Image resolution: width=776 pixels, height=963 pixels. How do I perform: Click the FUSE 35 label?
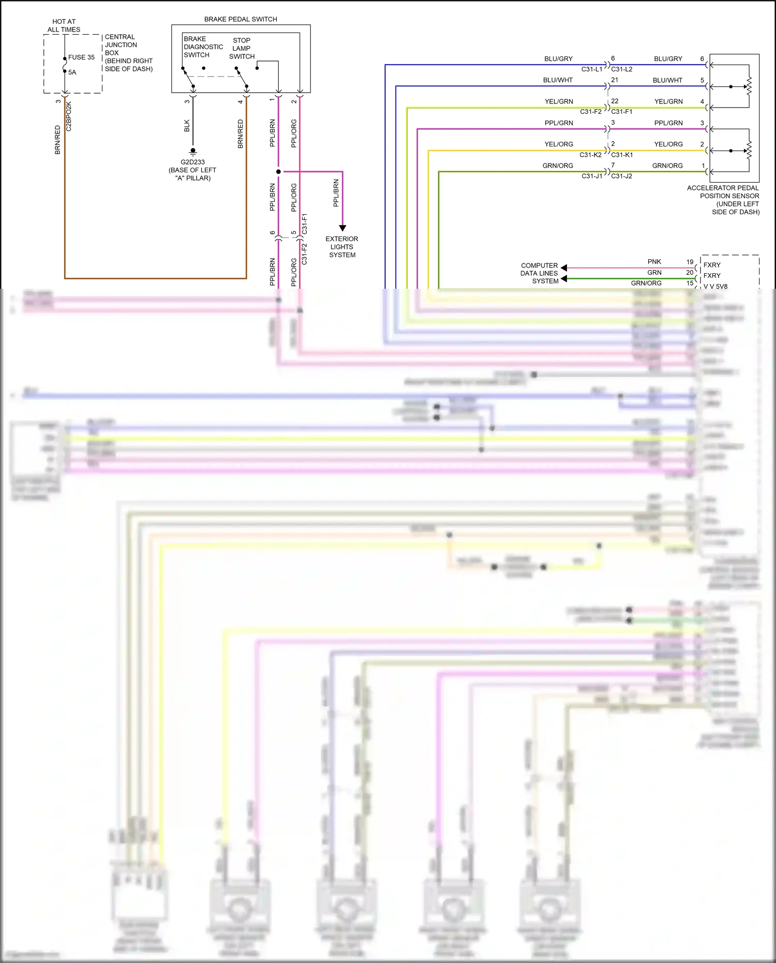point(81,57)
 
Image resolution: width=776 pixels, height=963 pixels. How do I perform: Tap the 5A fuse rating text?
point(72,72)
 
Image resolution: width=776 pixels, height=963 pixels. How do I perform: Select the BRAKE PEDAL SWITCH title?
point(241,19)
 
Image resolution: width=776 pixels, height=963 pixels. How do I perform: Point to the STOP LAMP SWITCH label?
point(242,48)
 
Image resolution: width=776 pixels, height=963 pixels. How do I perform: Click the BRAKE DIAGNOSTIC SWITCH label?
point(203,47)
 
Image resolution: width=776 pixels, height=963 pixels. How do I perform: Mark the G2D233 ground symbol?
point(193,152)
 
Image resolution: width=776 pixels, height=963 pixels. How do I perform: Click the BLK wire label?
point(187,126)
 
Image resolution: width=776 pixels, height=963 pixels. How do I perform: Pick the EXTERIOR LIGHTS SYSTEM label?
point(341,247)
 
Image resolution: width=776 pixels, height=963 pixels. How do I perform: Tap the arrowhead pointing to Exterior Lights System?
point(342,228)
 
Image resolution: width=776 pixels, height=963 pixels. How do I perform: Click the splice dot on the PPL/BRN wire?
point(278,171)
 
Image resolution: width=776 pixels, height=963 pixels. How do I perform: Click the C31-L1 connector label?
point(591,69)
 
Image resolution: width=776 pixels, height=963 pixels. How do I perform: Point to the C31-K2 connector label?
point(590,155)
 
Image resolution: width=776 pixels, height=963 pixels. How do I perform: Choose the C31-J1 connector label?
point(592,176)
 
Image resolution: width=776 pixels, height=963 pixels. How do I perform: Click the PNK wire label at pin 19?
point(654,262)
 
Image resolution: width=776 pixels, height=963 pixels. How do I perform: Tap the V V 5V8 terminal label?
point(715,287)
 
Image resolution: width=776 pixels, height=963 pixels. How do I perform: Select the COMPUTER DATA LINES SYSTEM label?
point(539,273)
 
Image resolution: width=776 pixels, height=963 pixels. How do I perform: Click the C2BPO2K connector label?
point(69,116)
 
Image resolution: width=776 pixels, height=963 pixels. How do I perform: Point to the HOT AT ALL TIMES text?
point(64,25)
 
